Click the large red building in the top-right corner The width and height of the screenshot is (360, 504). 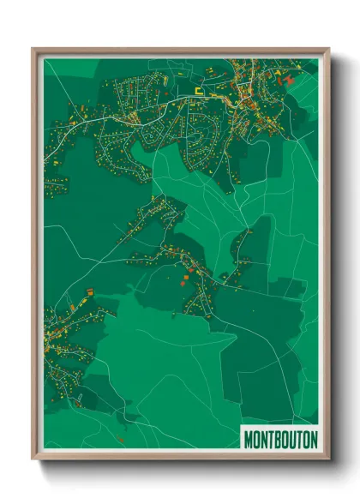coord(288,80)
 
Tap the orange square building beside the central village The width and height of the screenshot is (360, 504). coord(186,277)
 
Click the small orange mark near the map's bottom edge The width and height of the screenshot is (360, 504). coord(121,440)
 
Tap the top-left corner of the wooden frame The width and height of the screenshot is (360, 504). coord(34,50)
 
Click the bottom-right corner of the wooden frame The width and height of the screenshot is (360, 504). coord(327,459)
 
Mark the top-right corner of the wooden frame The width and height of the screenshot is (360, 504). coord(327,50)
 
